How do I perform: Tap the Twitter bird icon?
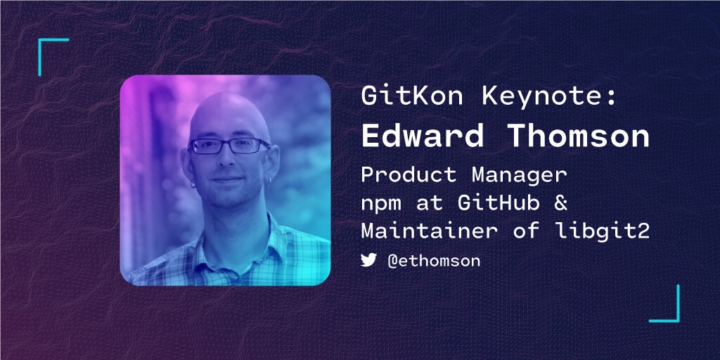[x=369, y=260]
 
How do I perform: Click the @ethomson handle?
[x=434, y=261]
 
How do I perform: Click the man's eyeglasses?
[x=229, y=146]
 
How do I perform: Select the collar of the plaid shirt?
[x=211, y=236]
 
